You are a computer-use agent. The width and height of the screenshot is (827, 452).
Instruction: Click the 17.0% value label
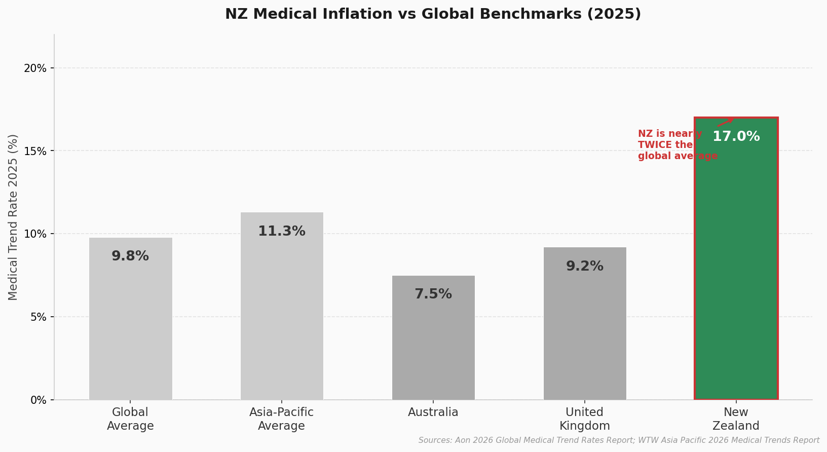coord(736,137)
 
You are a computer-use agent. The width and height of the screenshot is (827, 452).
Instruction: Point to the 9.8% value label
coord(130,256)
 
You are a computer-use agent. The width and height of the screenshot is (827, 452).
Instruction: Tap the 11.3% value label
coord(282,232)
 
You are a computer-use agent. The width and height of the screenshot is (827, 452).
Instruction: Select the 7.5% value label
coord(433,294)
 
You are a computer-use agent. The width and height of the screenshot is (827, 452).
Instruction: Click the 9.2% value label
coord(585,267)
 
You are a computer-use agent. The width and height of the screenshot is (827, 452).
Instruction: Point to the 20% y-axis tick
coord(35,68)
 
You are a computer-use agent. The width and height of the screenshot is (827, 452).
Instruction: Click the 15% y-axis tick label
coord(35,151)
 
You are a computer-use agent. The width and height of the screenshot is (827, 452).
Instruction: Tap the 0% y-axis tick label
coord(38,400)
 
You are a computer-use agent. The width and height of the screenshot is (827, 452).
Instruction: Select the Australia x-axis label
coord(433,412)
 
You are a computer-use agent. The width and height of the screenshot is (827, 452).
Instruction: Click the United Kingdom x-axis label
coord(585,419)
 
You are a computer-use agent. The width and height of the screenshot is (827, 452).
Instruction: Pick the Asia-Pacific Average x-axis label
coord(282,419)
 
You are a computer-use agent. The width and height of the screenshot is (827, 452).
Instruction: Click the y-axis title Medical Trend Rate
coord(13,217)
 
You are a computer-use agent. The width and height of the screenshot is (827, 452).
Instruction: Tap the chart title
coord(433,14)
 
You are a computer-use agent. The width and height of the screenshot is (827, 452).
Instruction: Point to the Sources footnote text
coord(619,440)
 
